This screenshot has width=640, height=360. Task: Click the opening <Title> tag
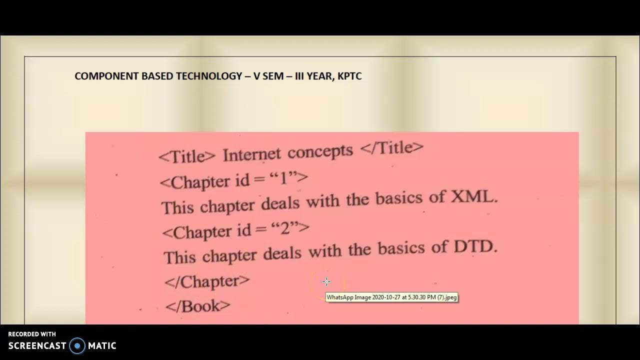(x=187, y=156)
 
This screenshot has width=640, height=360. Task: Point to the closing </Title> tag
(x=391, y=148)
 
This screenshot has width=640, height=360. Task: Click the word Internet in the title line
(x=251, y=154)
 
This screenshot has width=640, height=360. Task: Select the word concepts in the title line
(x=320, y=151)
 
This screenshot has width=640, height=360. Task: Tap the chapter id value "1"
(x=282, y=178)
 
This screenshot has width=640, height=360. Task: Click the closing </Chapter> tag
(x=207, y=281)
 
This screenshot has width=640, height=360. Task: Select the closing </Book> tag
(x=198, y=306)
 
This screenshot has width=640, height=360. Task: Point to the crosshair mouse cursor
(x=326, y=281)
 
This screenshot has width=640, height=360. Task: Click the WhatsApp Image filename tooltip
(x=391, y=297)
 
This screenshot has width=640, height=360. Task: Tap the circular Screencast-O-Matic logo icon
(x=77, y=345)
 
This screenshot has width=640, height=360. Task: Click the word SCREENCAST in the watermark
(x=37, y=345)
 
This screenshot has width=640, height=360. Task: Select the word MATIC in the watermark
(x=102, y=345)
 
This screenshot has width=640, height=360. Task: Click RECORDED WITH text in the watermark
(x=32, y=334)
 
